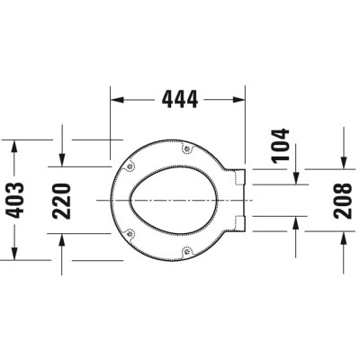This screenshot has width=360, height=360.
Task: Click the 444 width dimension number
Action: (178, 100)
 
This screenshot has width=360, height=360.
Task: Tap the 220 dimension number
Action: (85, 199)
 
